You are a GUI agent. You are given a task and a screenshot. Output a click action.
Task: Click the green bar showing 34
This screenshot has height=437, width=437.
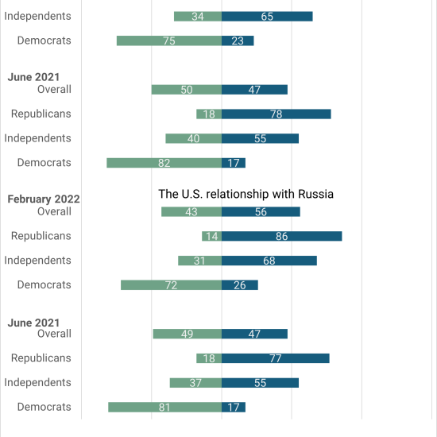[x=198, y=17]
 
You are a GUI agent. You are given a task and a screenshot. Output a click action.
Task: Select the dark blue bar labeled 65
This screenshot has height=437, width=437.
[x=267, y=17]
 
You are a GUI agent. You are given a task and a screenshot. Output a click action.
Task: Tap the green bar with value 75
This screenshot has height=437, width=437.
[x=169, y=41]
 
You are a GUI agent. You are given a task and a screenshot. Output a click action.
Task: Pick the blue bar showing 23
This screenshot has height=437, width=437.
[x=238, y=41]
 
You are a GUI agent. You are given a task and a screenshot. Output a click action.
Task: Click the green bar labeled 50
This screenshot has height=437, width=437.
[x=187, y=90]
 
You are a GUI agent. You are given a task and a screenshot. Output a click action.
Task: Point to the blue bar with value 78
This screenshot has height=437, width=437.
[x=277, y=114]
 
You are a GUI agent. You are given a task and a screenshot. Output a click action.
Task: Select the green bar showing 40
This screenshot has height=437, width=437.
[x=194, y=138]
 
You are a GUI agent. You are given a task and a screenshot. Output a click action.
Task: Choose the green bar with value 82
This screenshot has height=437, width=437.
[x=164, y=163]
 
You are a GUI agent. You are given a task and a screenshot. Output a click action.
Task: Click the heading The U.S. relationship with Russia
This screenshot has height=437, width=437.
[x=246, y=194]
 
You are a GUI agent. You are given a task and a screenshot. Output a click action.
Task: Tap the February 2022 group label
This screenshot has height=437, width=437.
[x=44, y=199]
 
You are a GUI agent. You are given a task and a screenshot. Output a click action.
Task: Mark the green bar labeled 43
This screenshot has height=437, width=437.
[x=191, y=212]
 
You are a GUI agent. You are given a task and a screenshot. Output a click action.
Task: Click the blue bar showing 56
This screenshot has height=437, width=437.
[x=261, y=212]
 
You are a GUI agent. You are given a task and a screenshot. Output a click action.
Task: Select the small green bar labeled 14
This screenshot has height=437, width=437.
[x=212, y=236]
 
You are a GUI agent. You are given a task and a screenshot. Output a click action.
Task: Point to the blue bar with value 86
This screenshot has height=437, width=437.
[x=282, y=236]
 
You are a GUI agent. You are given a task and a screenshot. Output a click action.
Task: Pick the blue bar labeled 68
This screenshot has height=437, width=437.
[x=269, y=261]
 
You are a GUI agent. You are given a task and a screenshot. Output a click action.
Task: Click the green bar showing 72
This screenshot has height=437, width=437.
[x=172, y=285]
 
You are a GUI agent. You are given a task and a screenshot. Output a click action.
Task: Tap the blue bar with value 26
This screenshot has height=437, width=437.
[x=240, y=285]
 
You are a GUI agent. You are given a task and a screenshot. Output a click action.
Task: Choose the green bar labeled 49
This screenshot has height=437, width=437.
[x=188, y=334]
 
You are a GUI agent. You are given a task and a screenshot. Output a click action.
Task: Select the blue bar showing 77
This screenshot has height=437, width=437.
[x=276, y=358]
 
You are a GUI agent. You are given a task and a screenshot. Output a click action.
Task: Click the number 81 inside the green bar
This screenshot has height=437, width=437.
[x=164, y=408]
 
